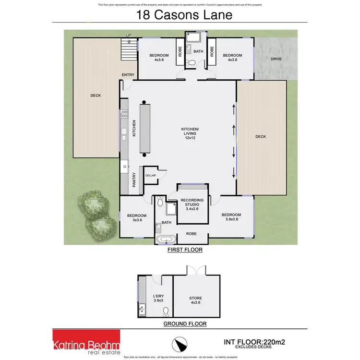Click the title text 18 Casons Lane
184,14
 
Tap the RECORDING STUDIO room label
192,204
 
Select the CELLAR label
150,176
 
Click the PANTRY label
134,180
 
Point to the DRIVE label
276,59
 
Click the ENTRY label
128,75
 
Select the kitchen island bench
145,129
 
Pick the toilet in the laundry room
166,312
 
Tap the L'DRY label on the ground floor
158,298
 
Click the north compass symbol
179,344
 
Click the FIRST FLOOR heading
185,250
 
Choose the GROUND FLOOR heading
185,324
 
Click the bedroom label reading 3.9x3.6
231,217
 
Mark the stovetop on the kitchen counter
124,114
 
